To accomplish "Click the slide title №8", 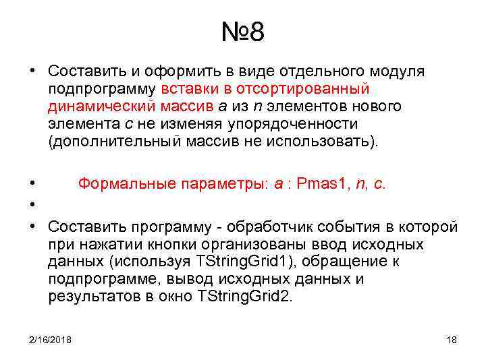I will [x=242, y=32].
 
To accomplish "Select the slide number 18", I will [x=452, y=339].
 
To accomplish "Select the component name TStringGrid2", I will [x=244, y=297].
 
